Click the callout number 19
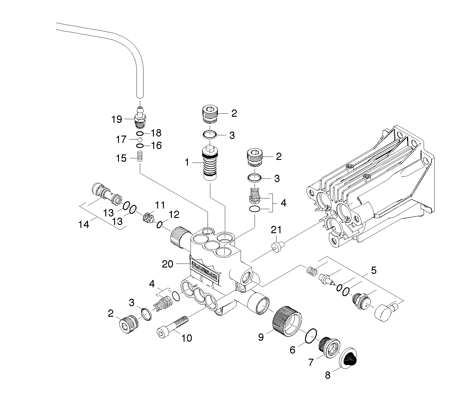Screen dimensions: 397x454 pos(117,119)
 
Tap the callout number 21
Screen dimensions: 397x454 pos(276,230)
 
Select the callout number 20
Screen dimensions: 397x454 pos(168,264)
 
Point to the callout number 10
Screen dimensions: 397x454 pos(187,338)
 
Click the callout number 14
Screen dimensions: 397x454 pos(84,225)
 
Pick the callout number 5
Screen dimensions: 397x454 pos(374,270)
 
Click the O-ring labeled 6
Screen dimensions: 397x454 pos(311,336)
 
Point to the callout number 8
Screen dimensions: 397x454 pos(327,375)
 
